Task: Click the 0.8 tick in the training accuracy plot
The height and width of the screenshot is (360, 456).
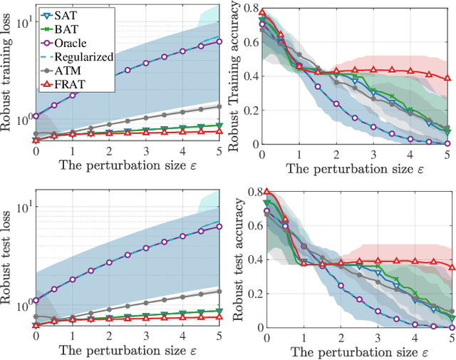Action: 250,9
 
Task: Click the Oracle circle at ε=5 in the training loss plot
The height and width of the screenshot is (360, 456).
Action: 219,41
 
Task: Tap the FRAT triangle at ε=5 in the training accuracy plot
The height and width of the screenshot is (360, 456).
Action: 447,78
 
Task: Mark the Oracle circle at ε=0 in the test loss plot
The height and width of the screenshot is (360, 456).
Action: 35,300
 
